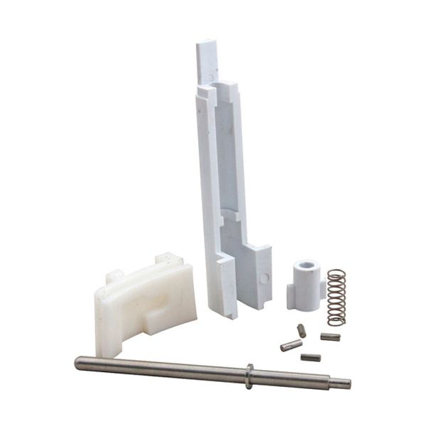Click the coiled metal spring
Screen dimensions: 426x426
tap(336, 297)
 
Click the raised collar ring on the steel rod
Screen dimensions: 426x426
tap(250, 376)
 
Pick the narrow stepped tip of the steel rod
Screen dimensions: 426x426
tap(342, 383)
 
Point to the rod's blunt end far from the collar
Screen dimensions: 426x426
tap(79, 363)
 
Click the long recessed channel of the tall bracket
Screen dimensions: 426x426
tap(227, 163)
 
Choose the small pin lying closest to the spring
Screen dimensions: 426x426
tap(329, 337)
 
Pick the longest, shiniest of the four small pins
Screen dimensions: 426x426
tap(291, 346)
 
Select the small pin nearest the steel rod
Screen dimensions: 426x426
tap(310, 357)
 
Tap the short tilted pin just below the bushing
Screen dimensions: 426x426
tap(302, 330)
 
